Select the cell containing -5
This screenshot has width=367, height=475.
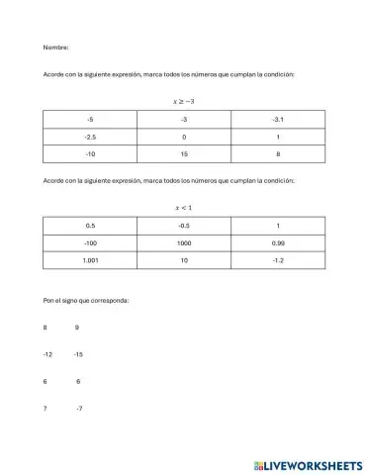[x=90, y=120]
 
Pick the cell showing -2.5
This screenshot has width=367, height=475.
[x=90, y=137]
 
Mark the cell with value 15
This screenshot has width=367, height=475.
[x=184, y=153]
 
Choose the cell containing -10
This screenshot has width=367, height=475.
[x=90, y=153]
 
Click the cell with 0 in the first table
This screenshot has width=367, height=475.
[x=184, y=137]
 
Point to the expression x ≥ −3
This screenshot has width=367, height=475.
[x=184, y=100]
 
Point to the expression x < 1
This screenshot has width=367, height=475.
[x=184, y=207]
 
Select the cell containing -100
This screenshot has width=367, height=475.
[x=90, y=242]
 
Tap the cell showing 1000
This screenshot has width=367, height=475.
[x=184, y=242]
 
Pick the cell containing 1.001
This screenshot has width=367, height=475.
[x=90, y=259]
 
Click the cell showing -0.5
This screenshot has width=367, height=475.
[x=184, y=226]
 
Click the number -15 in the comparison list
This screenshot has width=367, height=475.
[x=78, y=353]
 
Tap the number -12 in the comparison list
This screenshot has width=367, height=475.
[x=47, y=353]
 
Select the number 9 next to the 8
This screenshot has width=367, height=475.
[x=77, y=327]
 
